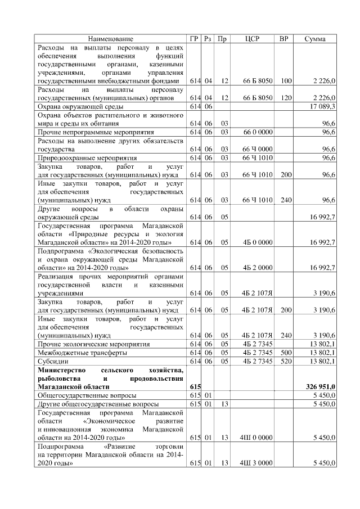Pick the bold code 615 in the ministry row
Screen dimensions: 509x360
[x=195, y=387]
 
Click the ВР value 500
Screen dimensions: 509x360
[x=285, y=352]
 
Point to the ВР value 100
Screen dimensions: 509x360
[x=285, y=81]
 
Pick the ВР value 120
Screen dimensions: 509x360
[x=285, y=98]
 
